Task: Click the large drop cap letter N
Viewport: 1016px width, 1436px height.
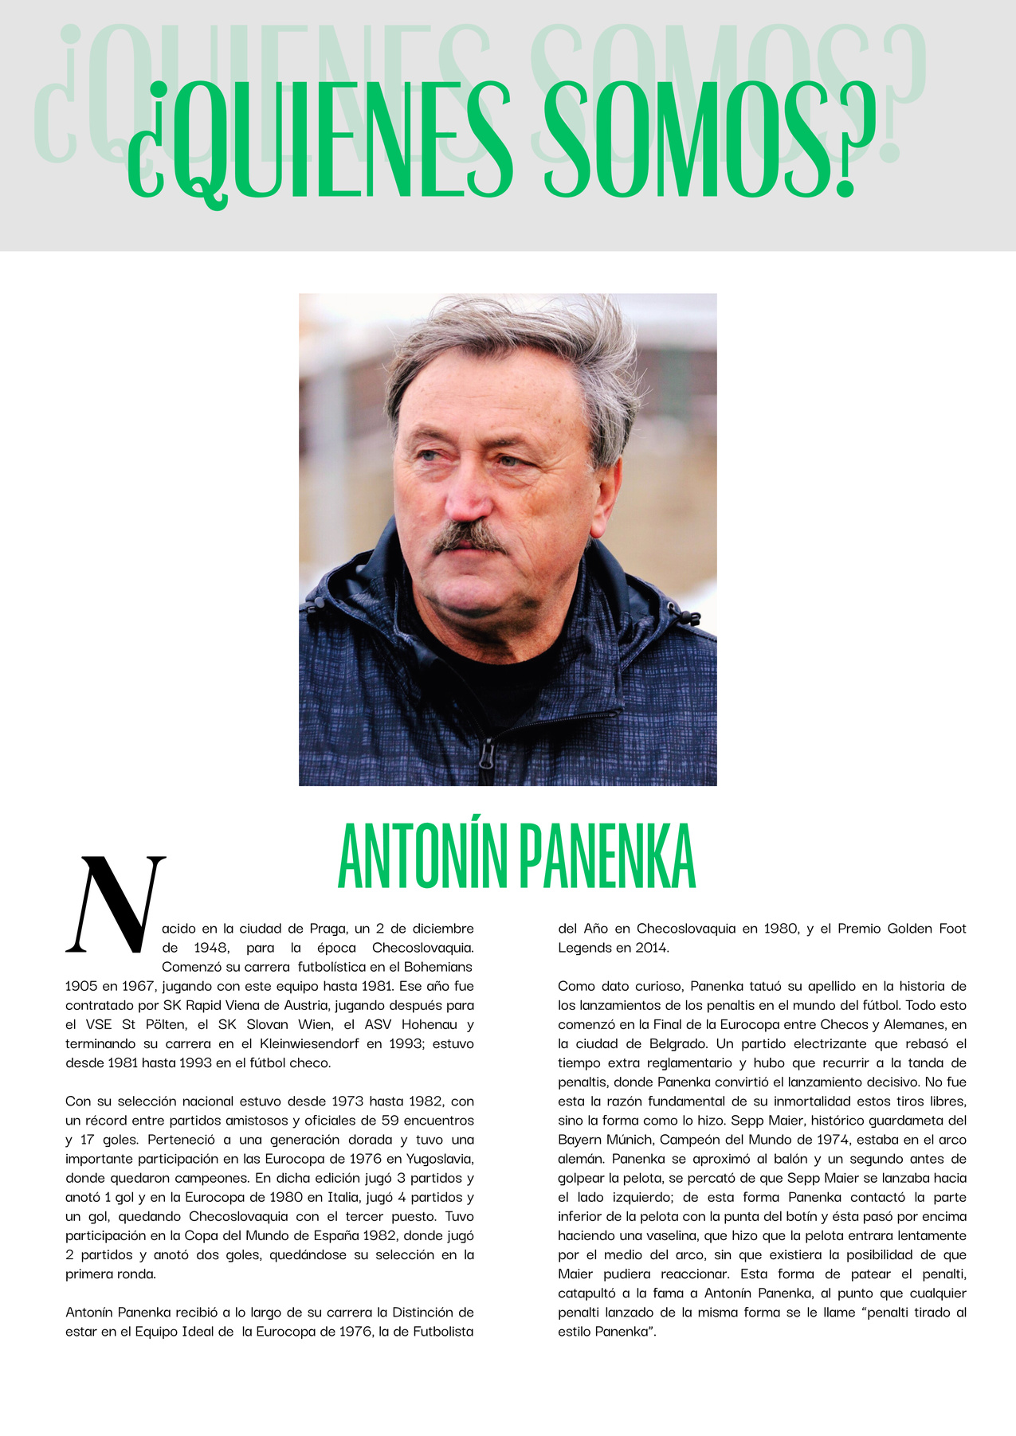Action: tap(116, 905)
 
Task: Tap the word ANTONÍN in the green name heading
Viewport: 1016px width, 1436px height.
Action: tap(422, 858)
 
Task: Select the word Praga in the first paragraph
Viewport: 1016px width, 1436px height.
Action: tap(328, 929)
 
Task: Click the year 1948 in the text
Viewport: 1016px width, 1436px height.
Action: tap(211, 948)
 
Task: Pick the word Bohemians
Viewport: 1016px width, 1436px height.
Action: tap(436, 967)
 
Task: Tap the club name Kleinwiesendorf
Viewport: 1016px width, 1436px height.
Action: tap(309, 1043)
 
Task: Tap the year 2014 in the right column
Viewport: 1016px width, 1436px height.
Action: tap(653, 948)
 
